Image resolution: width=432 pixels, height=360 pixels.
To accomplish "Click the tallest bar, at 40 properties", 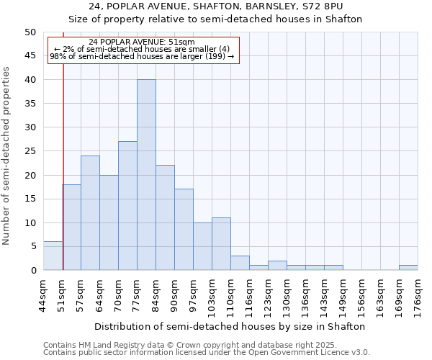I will [x=146, y=175].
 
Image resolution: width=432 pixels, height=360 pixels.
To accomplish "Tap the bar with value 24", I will [x=90, y=213].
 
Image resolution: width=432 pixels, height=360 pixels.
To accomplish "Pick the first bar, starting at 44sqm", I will [x=53, y=256].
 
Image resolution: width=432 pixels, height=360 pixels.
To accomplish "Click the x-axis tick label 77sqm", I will [x=138, y=293].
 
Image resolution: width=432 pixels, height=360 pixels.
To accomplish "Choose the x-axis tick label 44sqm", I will [x=44, y=293].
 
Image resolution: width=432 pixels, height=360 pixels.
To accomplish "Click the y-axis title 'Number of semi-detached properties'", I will [x=7, y=156].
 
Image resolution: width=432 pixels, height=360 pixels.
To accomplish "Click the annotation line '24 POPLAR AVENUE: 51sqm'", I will [x=143, y=42].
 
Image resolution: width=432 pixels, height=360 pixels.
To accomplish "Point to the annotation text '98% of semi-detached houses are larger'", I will [x=143, y=56].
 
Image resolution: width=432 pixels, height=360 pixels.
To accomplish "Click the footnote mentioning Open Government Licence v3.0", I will [x=207, y=352].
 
